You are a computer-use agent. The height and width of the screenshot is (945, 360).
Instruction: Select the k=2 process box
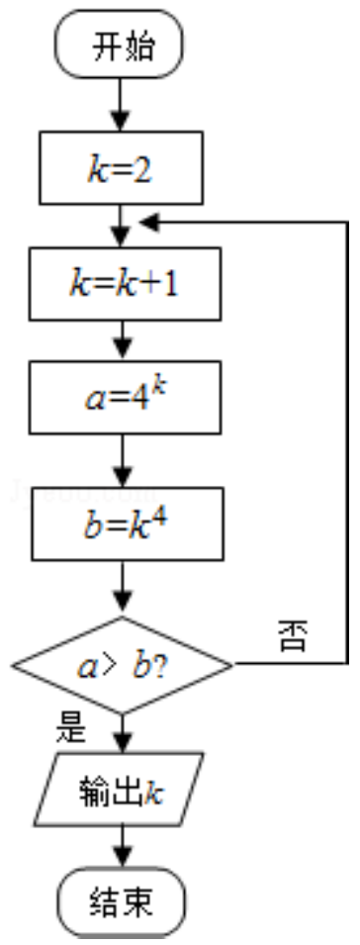(121, 167)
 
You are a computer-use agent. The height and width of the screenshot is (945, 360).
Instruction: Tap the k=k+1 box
(125, 284)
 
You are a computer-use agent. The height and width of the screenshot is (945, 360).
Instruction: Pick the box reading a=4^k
(125, 397)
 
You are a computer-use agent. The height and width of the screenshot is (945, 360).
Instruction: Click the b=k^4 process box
(127, 523)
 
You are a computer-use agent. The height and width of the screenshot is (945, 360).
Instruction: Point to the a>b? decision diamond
(123, 665)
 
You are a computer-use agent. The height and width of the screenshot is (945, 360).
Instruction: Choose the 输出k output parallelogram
(120, 789)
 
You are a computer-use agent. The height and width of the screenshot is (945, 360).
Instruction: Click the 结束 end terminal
(121, 901)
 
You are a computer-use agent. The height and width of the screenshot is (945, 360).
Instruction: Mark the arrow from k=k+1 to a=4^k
(123, 340)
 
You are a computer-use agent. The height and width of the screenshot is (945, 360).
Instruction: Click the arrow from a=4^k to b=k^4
(123, 460)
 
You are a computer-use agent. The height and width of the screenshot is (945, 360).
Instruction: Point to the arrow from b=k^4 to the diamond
(123, 588)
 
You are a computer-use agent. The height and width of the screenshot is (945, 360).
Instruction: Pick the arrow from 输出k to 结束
(123, 846)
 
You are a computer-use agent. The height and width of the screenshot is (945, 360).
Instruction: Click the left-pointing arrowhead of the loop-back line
(148, 223)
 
